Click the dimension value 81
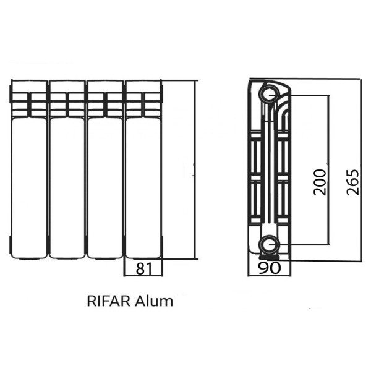(x=143, y=268)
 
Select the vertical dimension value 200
(x=319, y=182)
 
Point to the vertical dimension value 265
(x=352, y=182)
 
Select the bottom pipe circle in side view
(x=268, y=244)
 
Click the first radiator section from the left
(x=28, y=179)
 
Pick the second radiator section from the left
(x=67, y=179)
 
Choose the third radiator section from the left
(x=104, y=179)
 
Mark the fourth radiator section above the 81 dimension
(x=143, y=179)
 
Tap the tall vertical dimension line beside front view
(x=195, y=170)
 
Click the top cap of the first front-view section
(x=28, y=86)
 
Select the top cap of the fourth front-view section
(x=143, y=86)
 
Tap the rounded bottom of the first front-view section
(x=28, y=254)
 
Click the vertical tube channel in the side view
(x=270, y=167)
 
